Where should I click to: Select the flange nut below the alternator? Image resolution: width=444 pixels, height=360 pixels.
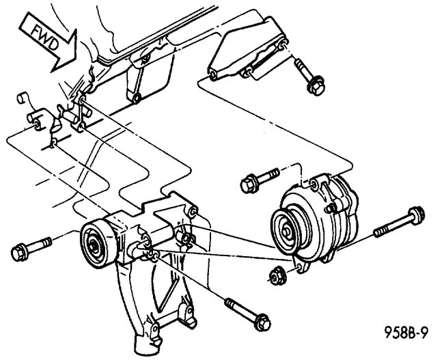point(277,275)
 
